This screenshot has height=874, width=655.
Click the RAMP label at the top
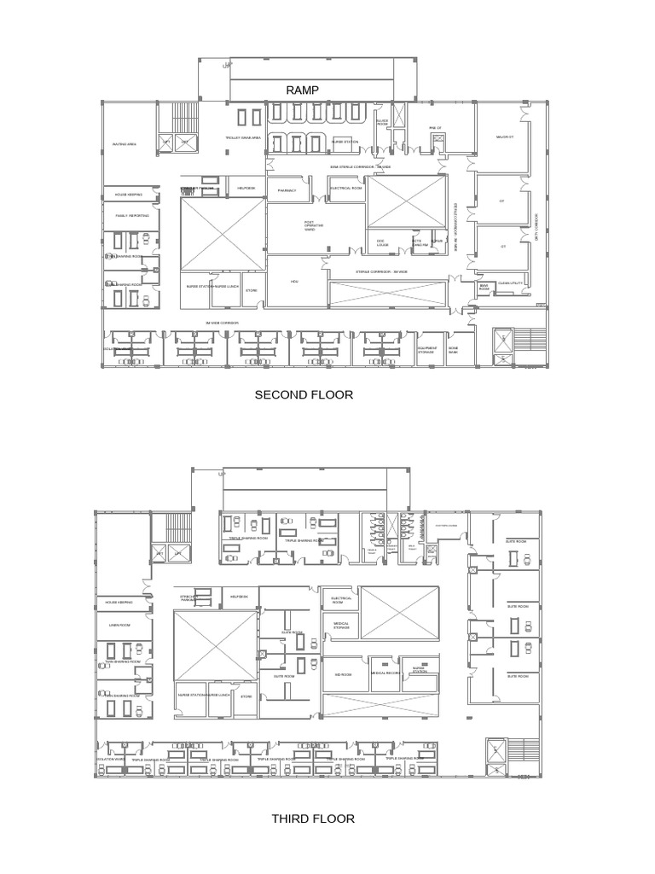[303, 90]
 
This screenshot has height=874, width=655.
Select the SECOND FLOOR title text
[303, 395]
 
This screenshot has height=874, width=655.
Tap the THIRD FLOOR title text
[313, 819]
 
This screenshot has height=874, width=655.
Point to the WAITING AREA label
[125, 144]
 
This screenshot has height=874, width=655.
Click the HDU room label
[294, 281]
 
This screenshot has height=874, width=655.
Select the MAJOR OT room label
[505, 137]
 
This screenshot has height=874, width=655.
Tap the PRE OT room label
[434, 128]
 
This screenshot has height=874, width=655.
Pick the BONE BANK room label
[454, 350]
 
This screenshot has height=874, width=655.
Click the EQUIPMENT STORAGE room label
[427, 350]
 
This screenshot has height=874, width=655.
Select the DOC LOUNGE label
[381, 242]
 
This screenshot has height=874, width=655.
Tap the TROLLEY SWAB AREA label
[243, 137]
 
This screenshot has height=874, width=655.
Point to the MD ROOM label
[343, 673]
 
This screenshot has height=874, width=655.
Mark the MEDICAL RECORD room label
[385, 673]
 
